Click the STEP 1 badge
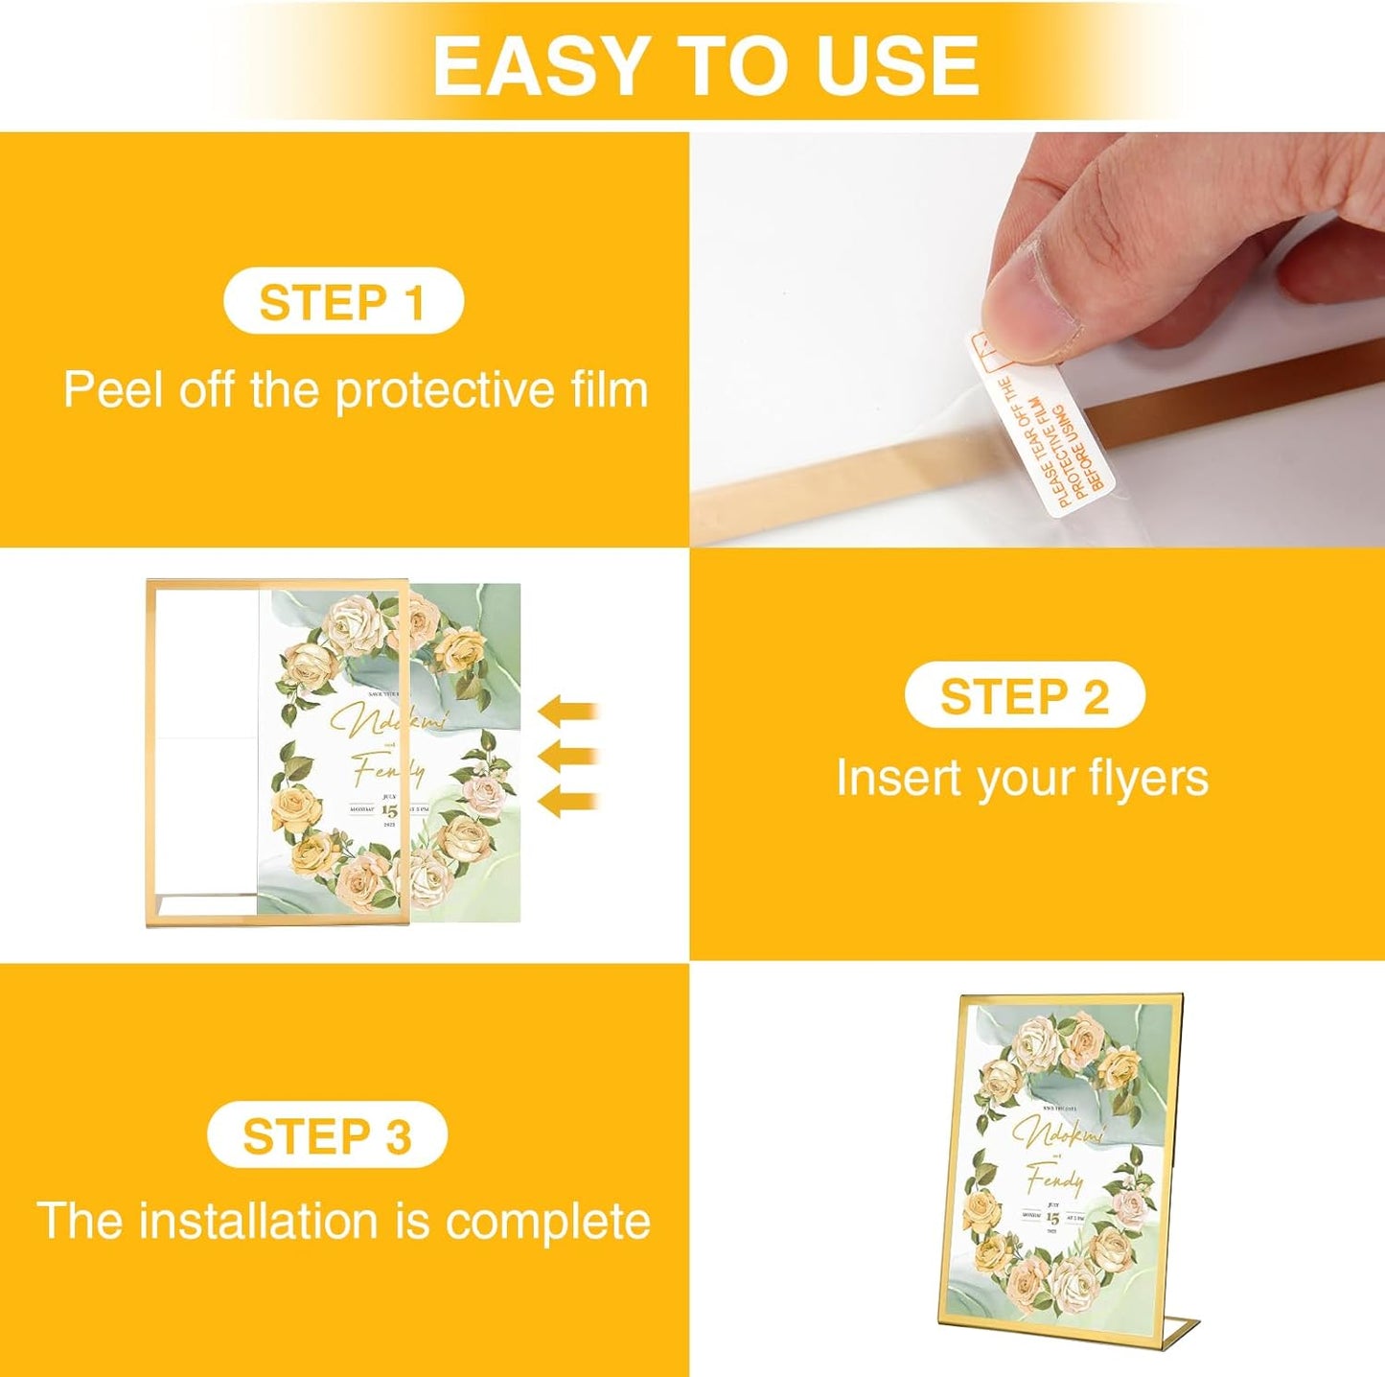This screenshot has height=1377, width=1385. [x=342, y=302]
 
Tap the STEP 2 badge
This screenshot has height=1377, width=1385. [x=1024, y=696]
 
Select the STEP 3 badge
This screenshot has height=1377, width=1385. [x=327, y=1136]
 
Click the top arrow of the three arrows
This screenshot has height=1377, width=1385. [x=568, y=712]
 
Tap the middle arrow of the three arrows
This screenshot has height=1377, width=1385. [x=568, y=757]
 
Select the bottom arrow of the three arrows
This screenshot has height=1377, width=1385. [x=568, y=801]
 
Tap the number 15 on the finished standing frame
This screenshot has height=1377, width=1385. [x=1053, y=1217]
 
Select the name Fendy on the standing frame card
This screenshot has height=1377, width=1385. [x=1054, y=1178]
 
